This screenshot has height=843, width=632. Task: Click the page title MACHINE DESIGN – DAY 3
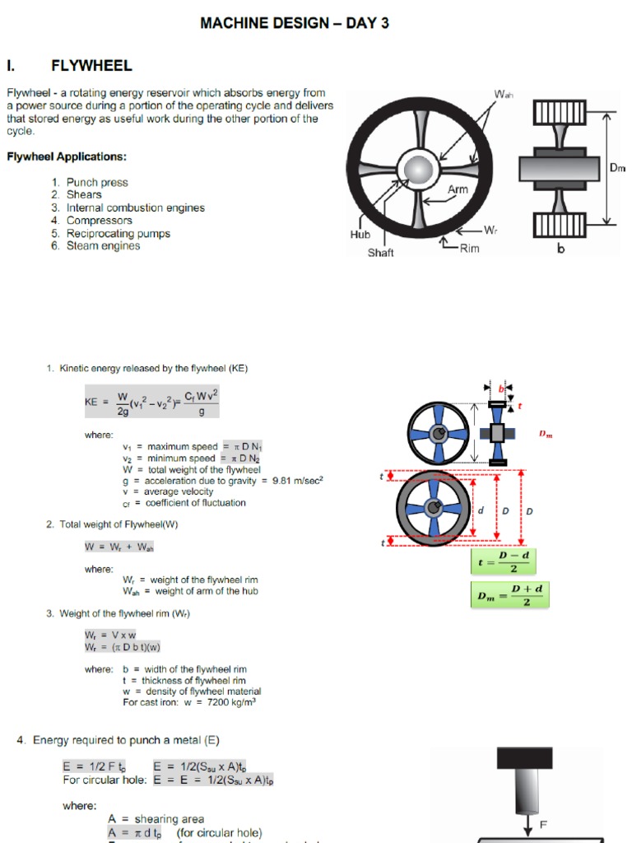[x=295, y=24]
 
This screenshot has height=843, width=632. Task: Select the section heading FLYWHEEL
[x=91, y=66]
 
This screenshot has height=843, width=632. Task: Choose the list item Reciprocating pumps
[x=118, y=233]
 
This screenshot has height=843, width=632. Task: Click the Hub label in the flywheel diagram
[x=360, y=235]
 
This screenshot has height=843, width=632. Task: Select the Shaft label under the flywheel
[x=380, y=253]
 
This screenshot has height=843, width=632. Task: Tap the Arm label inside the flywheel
[x=458, y=189]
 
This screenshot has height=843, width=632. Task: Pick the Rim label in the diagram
[x=470, y=248]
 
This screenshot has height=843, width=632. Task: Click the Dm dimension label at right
[x=617, y=168]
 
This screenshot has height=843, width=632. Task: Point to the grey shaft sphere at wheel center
[x=418, y=170]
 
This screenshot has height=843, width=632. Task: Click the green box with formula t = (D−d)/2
[x=509, y=561]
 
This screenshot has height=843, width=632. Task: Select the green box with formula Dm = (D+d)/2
[x=509, y=595]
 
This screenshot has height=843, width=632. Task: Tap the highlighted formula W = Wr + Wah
[x=119, y=547]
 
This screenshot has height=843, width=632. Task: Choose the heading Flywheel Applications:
[x=67, y=156]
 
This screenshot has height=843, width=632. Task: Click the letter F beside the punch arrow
[x=543, y=823]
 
